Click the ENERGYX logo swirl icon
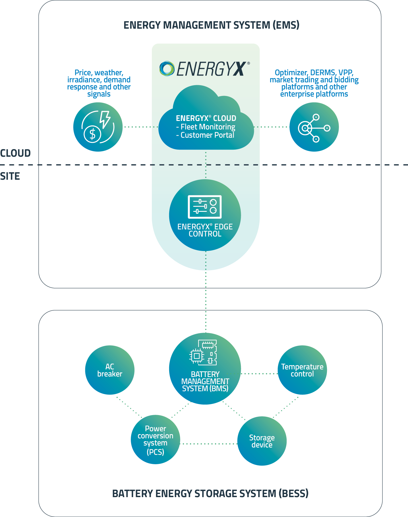pos(167,69)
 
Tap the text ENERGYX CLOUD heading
pos(206,118)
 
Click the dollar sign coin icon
pos(92,134)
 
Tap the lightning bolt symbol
pos(105,119)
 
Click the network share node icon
pos(314,128)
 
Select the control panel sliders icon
pos(205,207)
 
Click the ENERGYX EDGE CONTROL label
pos(205,230)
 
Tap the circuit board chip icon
pos(203,352)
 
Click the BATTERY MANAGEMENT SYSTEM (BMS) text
pos(205,381)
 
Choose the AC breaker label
pos(110,370)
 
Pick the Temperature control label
pos(302,370)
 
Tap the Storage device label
pos(262,441)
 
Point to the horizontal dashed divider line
pos(205,165)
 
